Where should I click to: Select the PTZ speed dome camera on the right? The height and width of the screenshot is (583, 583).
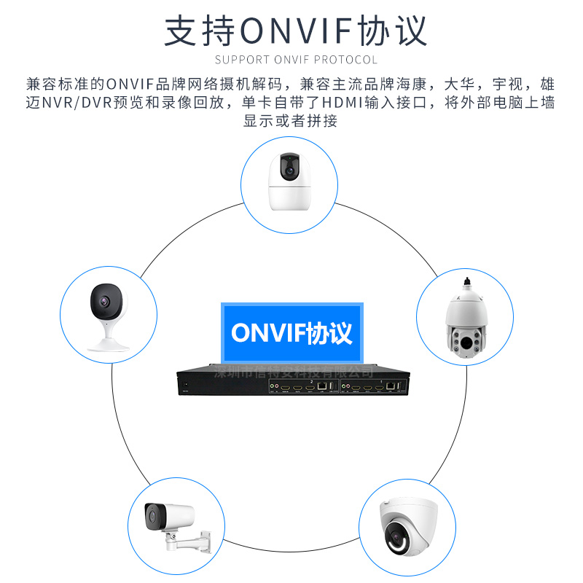point(464,321)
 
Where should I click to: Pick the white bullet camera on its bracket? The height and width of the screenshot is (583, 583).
point(169,525)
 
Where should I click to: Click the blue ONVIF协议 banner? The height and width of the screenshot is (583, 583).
point(291,332)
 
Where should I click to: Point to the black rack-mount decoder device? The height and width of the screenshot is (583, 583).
point(291,385)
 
